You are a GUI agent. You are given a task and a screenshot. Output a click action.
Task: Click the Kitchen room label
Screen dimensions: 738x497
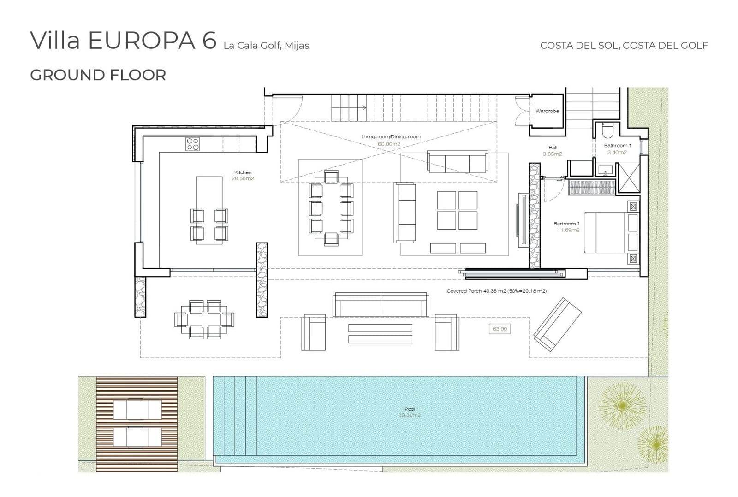click(x=243, y=172)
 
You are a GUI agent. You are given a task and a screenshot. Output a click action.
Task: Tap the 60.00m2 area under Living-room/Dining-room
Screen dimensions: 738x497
click(x=389, y=144)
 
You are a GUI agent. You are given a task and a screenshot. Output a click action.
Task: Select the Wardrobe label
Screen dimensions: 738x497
click(x=547, y=111)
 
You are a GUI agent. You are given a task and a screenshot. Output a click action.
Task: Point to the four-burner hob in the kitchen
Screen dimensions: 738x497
click(x=192, y=144)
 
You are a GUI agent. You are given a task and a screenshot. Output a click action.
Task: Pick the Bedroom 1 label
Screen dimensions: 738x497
click(x=566, y=224)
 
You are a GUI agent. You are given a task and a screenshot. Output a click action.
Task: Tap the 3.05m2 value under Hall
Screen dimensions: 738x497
click(x=553, y=154)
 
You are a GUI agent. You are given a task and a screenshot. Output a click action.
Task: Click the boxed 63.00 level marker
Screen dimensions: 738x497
click(x=500, y=329)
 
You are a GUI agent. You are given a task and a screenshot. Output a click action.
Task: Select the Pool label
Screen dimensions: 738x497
click(x=410, y=409)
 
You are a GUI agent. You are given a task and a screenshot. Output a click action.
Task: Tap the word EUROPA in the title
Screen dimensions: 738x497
click(x=142, y=41)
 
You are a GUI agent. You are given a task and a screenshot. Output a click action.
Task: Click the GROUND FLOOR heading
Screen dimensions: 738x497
click(x=98, y=75)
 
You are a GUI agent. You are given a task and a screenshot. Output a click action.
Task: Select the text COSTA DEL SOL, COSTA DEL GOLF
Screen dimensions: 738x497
click(x=624, y=46)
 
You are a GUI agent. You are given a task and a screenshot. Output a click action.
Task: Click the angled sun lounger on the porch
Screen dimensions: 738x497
click(x=558, y=325)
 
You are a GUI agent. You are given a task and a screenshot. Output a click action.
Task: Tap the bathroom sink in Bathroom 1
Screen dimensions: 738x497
click(x=605, y=170)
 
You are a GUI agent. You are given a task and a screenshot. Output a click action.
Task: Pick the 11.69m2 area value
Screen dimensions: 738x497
click(x=568, y=230)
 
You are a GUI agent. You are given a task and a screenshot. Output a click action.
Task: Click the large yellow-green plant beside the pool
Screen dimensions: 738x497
click(x=622, y=406)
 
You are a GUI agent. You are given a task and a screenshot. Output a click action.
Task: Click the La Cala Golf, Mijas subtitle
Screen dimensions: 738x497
click(x=266, y=46)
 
